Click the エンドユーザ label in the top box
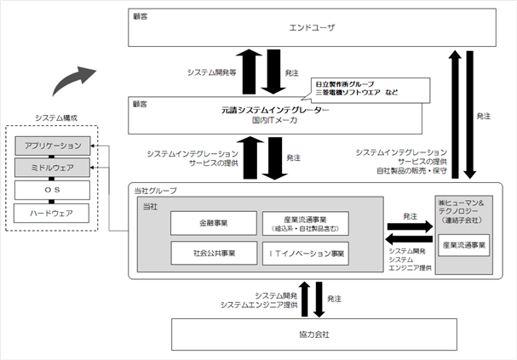click(312, 28)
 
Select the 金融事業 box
click(214, 223)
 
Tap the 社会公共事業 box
click(214, 254)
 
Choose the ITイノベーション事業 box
click(306, 254)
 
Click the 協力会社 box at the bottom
click(314, 334)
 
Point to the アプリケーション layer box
click(53, 146)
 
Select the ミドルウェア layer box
click(52, 168)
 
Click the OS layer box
click(52, 190)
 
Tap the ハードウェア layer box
click(51, 213)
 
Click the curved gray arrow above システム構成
click(71, 78)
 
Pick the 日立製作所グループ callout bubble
click(371, 89)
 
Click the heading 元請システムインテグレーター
click(275, 110)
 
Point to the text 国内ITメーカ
click(274, 120)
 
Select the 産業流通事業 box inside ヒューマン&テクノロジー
click(464, 245)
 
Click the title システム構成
click(56, 118)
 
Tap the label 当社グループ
click(155, 191)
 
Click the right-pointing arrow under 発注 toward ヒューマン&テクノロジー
click(410, 226)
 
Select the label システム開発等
click(212, 72)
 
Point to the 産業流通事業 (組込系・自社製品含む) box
click(306, 224)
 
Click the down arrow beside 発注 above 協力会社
click(319, 300)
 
